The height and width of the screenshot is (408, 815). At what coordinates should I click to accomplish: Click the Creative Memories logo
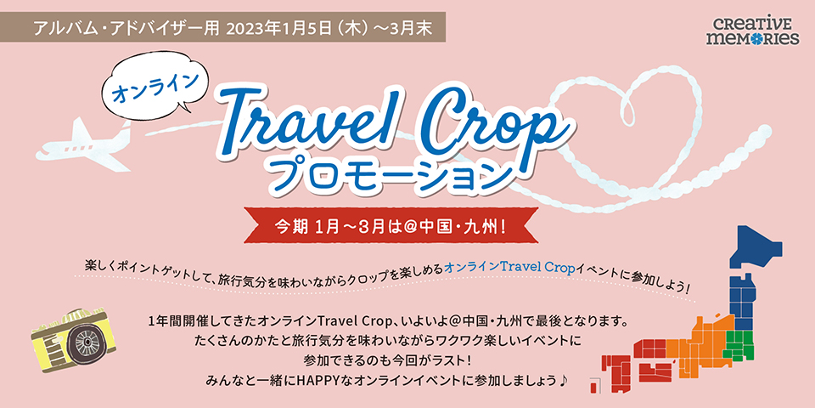coord(752,31)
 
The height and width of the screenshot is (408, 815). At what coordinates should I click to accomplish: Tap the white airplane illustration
coord(83,143)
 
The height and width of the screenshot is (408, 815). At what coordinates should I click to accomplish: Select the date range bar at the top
coord(223,27)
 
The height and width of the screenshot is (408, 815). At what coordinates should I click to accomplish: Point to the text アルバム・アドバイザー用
coord(126,27)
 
